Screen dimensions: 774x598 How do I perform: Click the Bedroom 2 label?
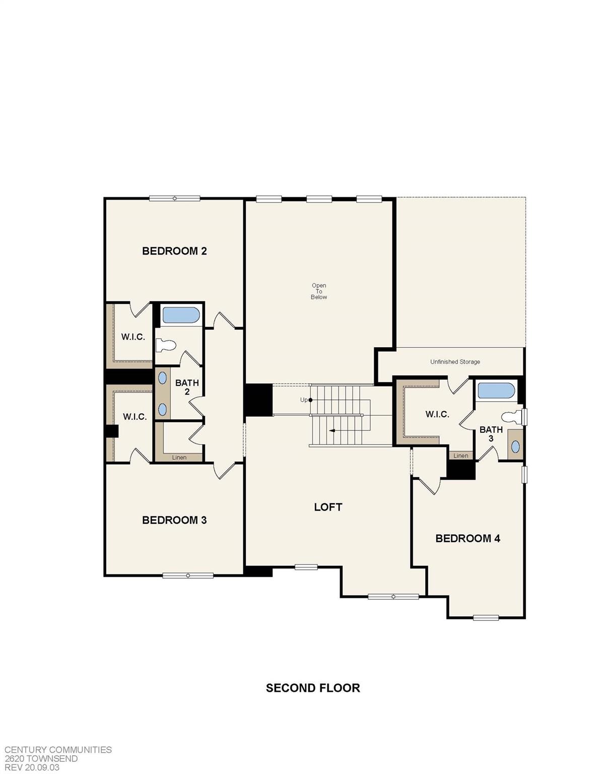[174, 251]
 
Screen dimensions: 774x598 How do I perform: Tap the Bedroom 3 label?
[174, 520]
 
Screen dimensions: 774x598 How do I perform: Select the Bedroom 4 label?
[468, 538]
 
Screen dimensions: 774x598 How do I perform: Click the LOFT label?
[328, 507]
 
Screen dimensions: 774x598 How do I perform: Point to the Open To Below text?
[319, 291]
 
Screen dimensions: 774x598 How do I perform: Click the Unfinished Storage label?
[455, 362]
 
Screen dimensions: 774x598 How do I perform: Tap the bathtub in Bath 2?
[181, 315]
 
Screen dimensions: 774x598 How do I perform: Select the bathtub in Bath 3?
[496, 391]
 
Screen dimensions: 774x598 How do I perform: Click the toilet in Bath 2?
[166, 345]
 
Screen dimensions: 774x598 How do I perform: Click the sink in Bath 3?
[516, 446]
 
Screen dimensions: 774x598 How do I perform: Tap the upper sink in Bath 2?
[163, 378]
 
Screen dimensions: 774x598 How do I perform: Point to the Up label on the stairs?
[304, 400]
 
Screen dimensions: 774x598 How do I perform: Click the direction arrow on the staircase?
[332, 431]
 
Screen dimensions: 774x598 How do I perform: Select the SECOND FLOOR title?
[313, 688]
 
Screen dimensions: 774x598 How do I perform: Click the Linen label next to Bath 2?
[179, 458]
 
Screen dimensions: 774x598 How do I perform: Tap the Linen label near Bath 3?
[460, 456]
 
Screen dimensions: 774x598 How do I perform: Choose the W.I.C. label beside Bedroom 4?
[437, 414]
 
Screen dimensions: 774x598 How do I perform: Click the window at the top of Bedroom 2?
[175, 199]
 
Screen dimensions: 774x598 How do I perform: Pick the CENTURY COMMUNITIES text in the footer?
[58, 750]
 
